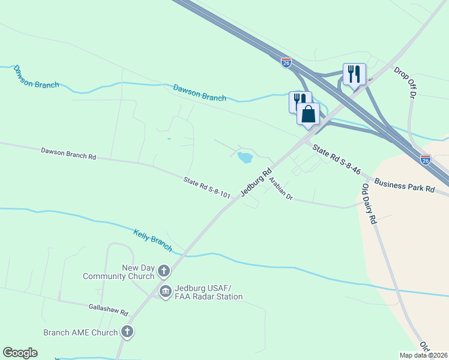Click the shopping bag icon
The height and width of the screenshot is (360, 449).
308,113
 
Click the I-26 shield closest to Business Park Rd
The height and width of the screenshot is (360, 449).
425,160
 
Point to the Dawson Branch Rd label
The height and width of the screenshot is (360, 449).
68,153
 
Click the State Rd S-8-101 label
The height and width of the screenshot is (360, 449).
207,187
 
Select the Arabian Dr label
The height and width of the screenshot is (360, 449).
280,188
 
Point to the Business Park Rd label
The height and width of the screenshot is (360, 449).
405,184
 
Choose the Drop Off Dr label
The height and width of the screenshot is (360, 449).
405,82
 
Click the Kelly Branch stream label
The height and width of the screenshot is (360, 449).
152,239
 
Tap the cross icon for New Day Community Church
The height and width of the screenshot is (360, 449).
163,272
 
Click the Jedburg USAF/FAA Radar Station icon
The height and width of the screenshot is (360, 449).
166,292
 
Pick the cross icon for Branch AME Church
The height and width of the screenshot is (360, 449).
127,331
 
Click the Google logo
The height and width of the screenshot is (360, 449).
20,353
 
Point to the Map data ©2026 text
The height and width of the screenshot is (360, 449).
424,355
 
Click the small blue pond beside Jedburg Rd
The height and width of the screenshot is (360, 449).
244,158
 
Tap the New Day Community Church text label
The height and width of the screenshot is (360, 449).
121,272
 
